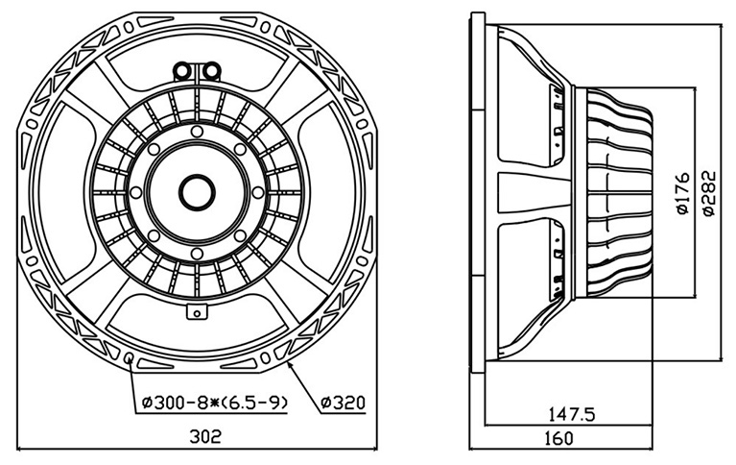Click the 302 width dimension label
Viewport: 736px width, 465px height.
coord(204,436)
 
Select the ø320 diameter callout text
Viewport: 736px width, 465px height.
coord(343,402)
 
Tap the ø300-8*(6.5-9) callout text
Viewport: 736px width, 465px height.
coord(214,403)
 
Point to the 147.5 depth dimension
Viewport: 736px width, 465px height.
coord(572,414)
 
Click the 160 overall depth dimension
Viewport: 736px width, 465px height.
coord(558,438)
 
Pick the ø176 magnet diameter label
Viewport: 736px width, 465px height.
coord(682,193)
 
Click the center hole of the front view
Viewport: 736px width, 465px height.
coord(197,193)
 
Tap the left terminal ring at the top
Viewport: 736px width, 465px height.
coord(181,71)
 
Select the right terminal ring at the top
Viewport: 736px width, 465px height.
coord(212,71)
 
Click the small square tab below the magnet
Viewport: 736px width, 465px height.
coord(197,312)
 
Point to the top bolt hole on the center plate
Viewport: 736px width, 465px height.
coord(197,132)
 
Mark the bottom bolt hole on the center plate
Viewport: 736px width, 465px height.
coord(197,254)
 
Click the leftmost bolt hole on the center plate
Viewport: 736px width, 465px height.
coord(135,193)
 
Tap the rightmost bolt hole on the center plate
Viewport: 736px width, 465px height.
coord(258,193)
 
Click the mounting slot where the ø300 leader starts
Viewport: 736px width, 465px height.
coord(129,358)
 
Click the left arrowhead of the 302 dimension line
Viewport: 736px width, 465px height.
coord(21,449)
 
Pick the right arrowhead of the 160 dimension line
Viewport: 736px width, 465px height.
coord(649,449)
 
